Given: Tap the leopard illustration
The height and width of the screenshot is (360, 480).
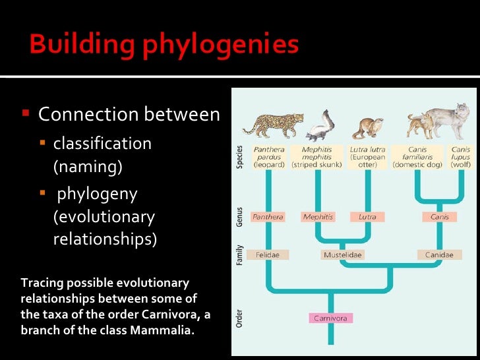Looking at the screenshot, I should pos(272,123).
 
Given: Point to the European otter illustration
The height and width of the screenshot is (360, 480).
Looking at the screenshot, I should pos(367,127).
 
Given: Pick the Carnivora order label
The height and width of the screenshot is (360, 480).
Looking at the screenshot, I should pos(331,318).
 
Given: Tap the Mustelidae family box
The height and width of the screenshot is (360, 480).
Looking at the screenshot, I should pos(343,255).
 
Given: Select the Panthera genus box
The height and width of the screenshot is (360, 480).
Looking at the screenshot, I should pos(268,216).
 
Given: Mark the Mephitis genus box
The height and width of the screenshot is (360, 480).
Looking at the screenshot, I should pos(318,216).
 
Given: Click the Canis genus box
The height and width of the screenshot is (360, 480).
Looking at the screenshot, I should pos(439,216).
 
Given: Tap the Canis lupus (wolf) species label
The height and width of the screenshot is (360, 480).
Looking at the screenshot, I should pos(460,157).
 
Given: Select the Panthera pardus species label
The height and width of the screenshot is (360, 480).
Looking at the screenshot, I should pos(268,157).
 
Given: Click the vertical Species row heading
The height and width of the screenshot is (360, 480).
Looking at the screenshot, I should pos(239,157).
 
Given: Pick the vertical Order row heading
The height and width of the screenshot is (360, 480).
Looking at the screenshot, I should pos(239,317).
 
